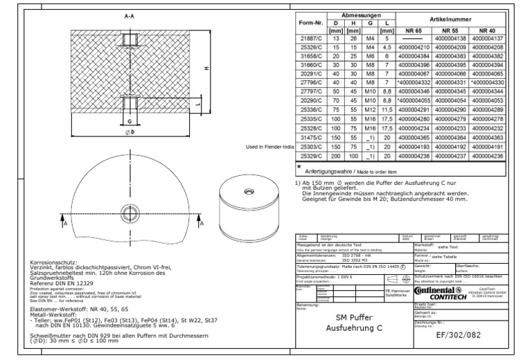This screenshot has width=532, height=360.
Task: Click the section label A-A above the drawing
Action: [130, 15]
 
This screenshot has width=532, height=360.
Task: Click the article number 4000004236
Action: [490, 156]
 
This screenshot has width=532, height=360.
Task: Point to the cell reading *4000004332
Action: [417, 82]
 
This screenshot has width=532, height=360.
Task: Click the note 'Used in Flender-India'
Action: [270, 147]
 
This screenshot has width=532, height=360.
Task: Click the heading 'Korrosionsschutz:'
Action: [55, 264]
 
